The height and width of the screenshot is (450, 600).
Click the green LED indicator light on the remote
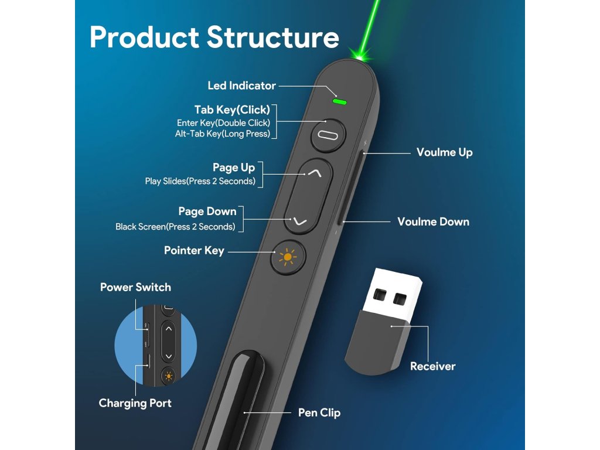pyautogui.click(x=339, y=102)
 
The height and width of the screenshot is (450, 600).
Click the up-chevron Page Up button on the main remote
pyautogui.click(x=315, y=173)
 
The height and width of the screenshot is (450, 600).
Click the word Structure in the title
pyautogui.click(x=272, y=37)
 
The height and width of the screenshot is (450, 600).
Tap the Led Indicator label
pyautogui.click(x=241, y=86)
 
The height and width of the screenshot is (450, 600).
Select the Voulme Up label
pyautogui.click(x=444, y=152)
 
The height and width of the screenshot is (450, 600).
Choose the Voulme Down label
pyautogui.click(x=433, y=221)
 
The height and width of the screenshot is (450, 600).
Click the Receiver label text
pyautogui.click(x=432, y=366)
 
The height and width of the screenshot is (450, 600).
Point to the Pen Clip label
pyautogui.click(x=319, y=412)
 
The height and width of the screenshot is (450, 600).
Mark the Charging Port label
pyautogui.click(x=135, y=403)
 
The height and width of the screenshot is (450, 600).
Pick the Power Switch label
pyautogui.click(x=135, y=287)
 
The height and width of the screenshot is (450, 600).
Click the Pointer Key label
pyautogui.click(x=194, y=251)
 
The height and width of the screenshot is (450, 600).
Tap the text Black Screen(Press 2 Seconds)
pyautogui.click(x=175, y=227)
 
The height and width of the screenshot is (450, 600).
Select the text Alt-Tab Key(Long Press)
pyautogui.click(x=222, y=134)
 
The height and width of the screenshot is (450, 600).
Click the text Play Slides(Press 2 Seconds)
pyautogui.click(x=200, y=181)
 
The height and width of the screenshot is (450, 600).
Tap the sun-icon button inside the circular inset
pyautogui.click(x=169, y=376)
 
